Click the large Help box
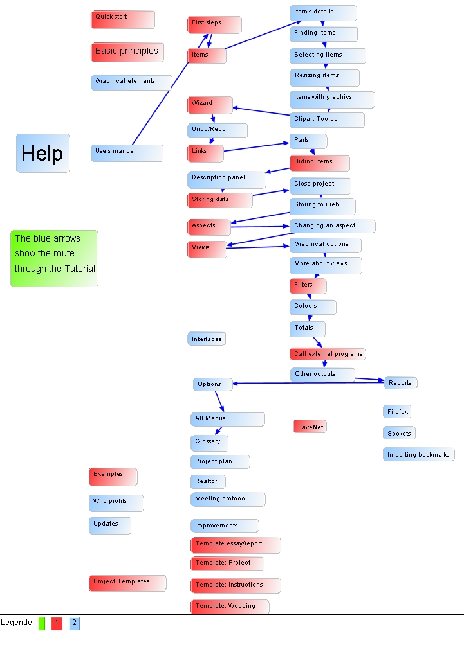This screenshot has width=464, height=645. tap(42, 153)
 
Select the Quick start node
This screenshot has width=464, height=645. tap(122, 19)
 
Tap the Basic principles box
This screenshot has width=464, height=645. tap(127, 52)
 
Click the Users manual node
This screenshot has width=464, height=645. tap(127, 152)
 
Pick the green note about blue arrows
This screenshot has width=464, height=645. tap(55, 258)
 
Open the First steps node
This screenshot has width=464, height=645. tap(214, 24)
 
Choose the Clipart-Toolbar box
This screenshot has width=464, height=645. tap(327, 119)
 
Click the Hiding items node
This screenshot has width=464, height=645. tap(320, 163)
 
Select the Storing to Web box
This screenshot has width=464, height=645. tap(322, 206)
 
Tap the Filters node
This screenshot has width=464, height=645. tap(308, 285)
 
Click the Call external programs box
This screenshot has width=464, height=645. tap(328, 354)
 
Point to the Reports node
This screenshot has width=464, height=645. tap(401, 383)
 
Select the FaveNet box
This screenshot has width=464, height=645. tap(310, 427)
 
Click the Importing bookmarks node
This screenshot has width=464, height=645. tap(419, 455)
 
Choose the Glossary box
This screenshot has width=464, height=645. tap(209, 443)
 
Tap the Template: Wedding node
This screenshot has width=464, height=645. tap(230, 606)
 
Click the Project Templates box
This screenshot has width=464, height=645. tap(127, 583)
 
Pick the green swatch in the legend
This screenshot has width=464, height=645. tap(42, 623)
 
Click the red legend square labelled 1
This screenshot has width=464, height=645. tap(57, 623)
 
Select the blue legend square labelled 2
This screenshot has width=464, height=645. tap(75, 623)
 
